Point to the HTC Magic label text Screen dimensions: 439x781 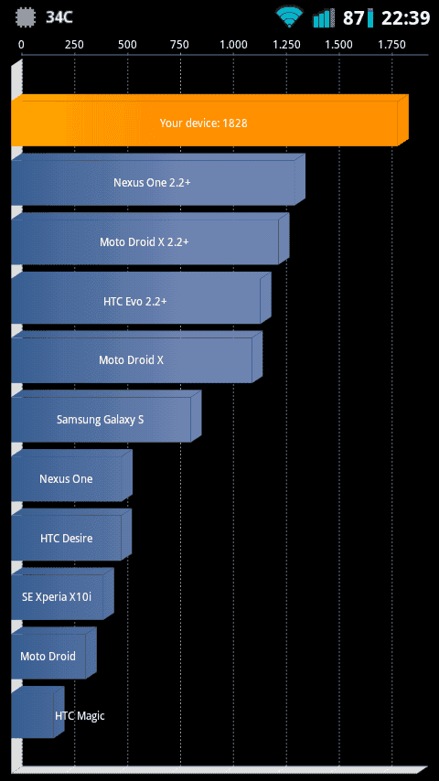point(80,716)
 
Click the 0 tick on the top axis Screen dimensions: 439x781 point(21,44)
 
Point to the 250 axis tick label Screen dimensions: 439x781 point(74,44)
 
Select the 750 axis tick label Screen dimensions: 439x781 point(180,44)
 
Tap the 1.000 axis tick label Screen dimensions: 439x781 point(233,44)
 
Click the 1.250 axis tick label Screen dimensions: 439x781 point(286,44)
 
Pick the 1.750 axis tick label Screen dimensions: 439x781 point(391,44)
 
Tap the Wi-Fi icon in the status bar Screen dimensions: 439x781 point(291,17)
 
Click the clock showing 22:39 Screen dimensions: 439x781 point(405,18)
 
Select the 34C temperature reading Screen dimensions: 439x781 point(59,18)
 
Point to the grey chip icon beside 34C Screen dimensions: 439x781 point(27,17)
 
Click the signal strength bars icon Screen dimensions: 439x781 point(324,18)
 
